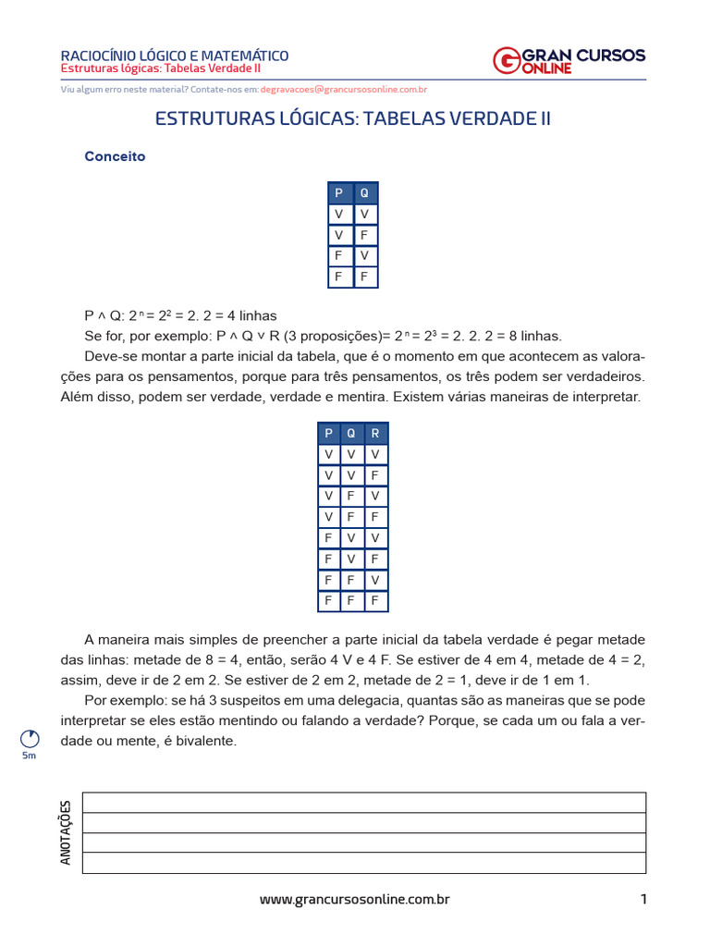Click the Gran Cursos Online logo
point(569,60)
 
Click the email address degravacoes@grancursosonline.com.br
point(343,90)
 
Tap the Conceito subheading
point(115,156)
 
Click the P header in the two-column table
point(339,193)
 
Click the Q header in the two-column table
point(364,193)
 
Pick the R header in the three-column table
point(374,433)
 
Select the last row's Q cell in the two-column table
point(364,277)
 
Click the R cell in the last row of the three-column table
point(374,600)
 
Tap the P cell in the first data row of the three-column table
point(328,454)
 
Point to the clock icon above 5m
point(30,738)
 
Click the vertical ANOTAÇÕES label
point(66,832)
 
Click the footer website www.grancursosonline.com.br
point(354,899)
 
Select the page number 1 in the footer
point(643,899)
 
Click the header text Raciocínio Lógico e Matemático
point(174,56)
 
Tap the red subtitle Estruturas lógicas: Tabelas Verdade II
point(161,69)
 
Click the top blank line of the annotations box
point(363,802)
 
